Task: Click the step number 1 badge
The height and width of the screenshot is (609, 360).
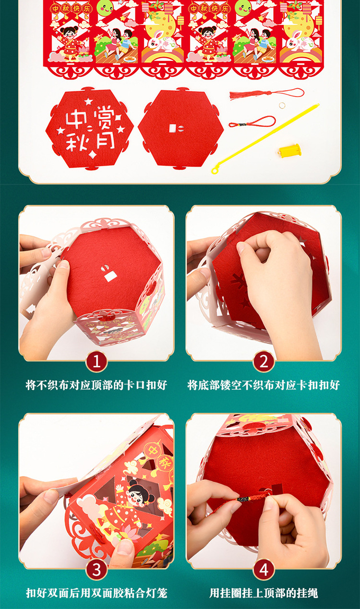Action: coord(96,362)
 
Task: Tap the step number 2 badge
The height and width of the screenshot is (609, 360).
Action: coord(264,362)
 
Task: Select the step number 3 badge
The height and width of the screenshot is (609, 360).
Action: coord(96,570)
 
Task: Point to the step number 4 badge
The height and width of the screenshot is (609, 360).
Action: coord(264,570)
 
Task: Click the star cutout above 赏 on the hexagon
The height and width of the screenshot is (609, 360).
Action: coord(88,102)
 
